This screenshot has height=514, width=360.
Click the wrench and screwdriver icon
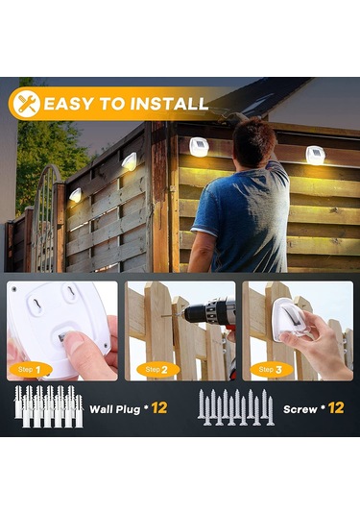pos(27,104)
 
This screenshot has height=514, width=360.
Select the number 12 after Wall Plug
pos(159,407)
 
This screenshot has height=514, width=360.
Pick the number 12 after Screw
pos(336,407)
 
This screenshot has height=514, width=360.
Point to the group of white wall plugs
pos(48,407)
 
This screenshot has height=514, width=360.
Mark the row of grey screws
pos(236,408)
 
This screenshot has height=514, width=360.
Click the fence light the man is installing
pos(199,146)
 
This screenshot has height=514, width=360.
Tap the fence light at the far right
pos(315,154)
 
